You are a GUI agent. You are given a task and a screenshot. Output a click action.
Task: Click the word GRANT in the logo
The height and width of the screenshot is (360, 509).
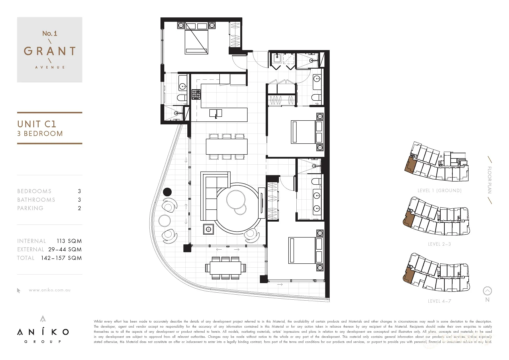(x=50, y=51)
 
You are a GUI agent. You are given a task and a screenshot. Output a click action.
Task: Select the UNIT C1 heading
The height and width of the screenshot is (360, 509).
(x=37, y=124)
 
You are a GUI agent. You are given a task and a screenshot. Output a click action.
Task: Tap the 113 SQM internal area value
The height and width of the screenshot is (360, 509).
(x=69, y=241)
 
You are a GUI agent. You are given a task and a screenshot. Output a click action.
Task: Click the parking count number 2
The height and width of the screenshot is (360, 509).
(x=79, y=208)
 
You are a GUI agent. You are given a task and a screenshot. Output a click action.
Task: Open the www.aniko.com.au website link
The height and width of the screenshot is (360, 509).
(x=50, y=290)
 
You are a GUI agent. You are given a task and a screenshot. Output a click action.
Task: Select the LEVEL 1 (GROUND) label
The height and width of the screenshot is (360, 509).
(x=439, y=191)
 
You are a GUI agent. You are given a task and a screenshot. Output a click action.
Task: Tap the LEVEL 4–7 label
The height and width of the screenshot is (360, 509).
(x=439, y=301)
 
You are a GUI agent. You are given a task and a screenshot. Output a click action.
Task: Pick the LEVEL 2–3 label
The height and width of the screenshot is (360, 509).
(x=439, y=244)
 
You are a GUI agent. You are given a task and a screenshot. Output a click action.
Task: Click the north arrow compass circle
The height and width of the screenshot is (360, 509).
(x=487, y=291)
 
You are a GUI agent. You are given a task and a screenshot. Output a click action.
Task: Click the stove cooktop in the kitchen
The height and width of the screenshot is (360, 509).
(x=196, y=94)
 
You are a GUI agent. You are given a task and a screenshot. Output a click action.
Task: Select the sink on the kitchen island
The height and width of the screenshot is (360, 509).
(x=216, y=113)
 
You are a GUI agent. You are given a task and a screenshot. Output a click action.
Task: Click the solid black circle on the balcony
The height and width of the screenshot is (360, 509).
(x=167, y=192)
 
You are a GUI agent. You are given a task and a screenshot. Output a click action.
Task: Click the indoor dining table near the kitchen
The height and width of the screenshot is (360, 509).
(x=227, y=146)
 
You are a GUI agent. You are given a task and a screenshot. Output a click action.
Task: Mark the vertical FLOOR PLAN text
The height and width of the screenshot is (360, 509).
(x=489, y=180)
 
